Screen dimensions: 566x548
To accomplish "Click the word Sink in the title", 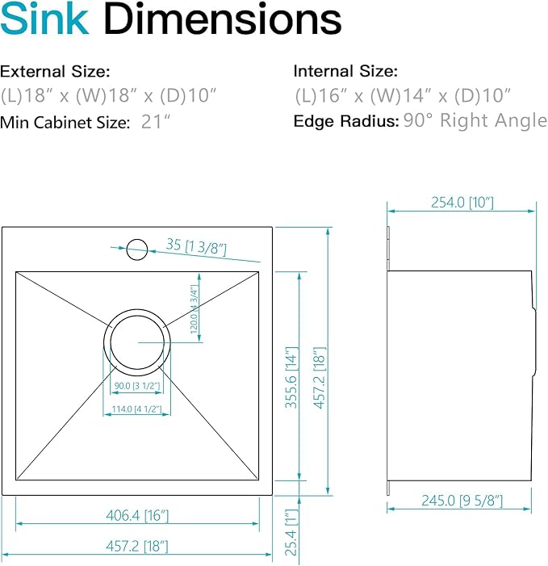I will tap(45, 22).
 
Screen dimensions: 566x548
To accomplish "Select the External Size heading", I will tap(55, 71).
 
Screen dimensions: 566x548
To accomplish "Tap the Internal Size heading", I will tap(345, 71).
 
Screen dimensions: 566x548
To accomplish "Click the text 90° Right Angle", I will tap(475, 121).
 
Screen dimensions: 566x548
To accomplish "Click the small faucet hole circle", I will tap(136, 249).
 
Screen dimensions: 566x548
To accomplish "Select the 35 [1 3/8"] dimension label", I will tap(197, 246).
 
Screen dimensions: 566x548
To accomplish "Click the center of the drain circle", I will tap(137, 342).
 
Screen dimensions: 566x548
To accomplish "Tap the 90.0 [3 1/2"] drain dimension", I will tap(137, 385).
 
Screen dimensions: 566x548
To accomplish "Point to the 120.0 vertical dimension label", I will tap(193, 309).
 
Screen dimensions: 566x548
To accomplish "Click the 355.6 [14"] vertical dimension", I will tap(291, 377).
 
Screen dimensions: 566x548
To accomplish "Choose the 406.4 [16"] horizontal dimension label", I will tap(138, 515).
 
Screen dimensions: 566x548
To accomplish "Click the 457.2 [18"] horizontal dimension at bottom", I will tap(138, 547).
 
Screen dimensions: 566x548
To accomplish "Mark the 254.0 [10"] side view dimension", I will tap(462, 203).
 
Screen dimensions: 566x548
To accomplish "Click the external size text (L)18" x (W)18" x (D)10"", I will tap(109, 96).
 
